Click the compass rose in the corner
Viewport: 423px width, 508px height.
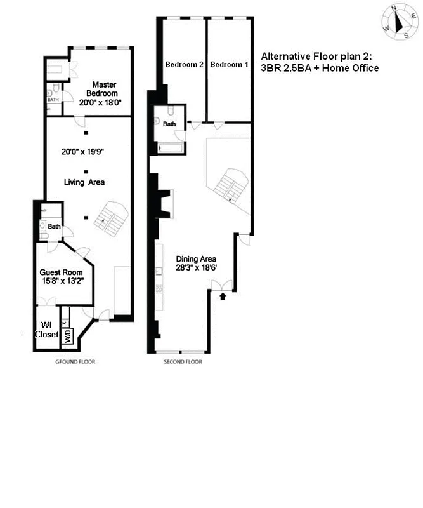398,23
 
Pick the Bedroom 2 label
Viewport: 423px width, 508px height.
184,65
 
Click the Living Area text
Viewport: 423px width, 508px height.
84,182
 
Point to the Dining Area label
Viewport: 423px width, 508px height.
197,259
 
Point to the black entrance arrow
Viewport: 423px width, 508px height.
222,295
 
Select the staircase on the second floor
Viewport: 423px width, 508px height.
228,184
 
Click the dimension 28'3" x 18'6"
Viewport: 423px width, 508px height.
197,268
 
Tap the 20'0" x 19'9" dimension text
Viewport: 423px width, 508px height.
84,152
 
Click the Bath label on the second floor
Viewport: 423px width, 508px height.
169,124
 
